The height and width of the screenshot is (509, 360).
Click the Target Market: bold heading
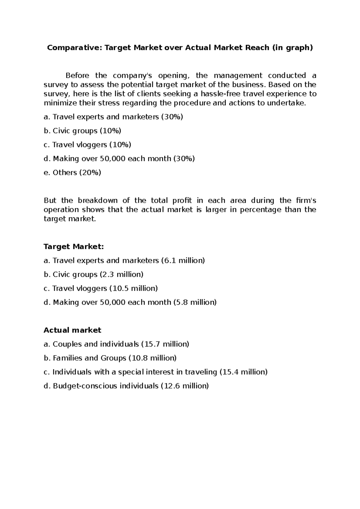73,247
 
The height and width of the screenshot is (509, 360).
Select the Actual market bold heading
72,330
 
